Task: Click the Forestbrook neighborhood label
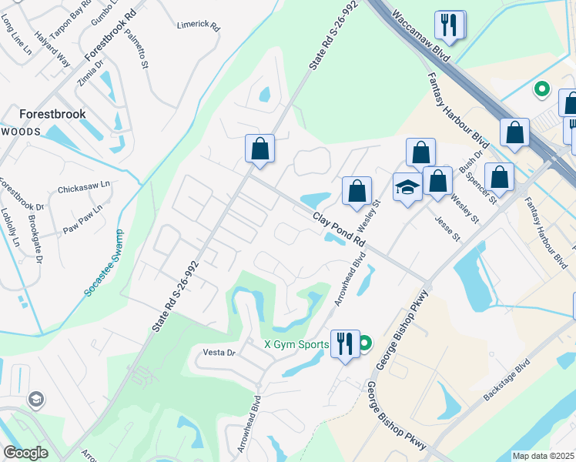point(52,113)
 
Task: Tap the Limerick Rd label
point(198,25)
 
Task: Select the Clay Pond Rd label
point(339,229)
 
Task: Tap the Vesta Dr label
point(219,352)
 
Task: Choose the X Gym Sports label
point(296,344)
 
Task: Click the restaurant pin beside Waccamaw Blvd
point(449,25)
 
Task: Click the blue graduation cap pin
point(407,188)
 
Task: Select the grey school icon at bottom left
point(35,399)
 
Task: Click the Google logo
point(25,452)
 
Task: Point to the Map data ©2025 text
point(543,456)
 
